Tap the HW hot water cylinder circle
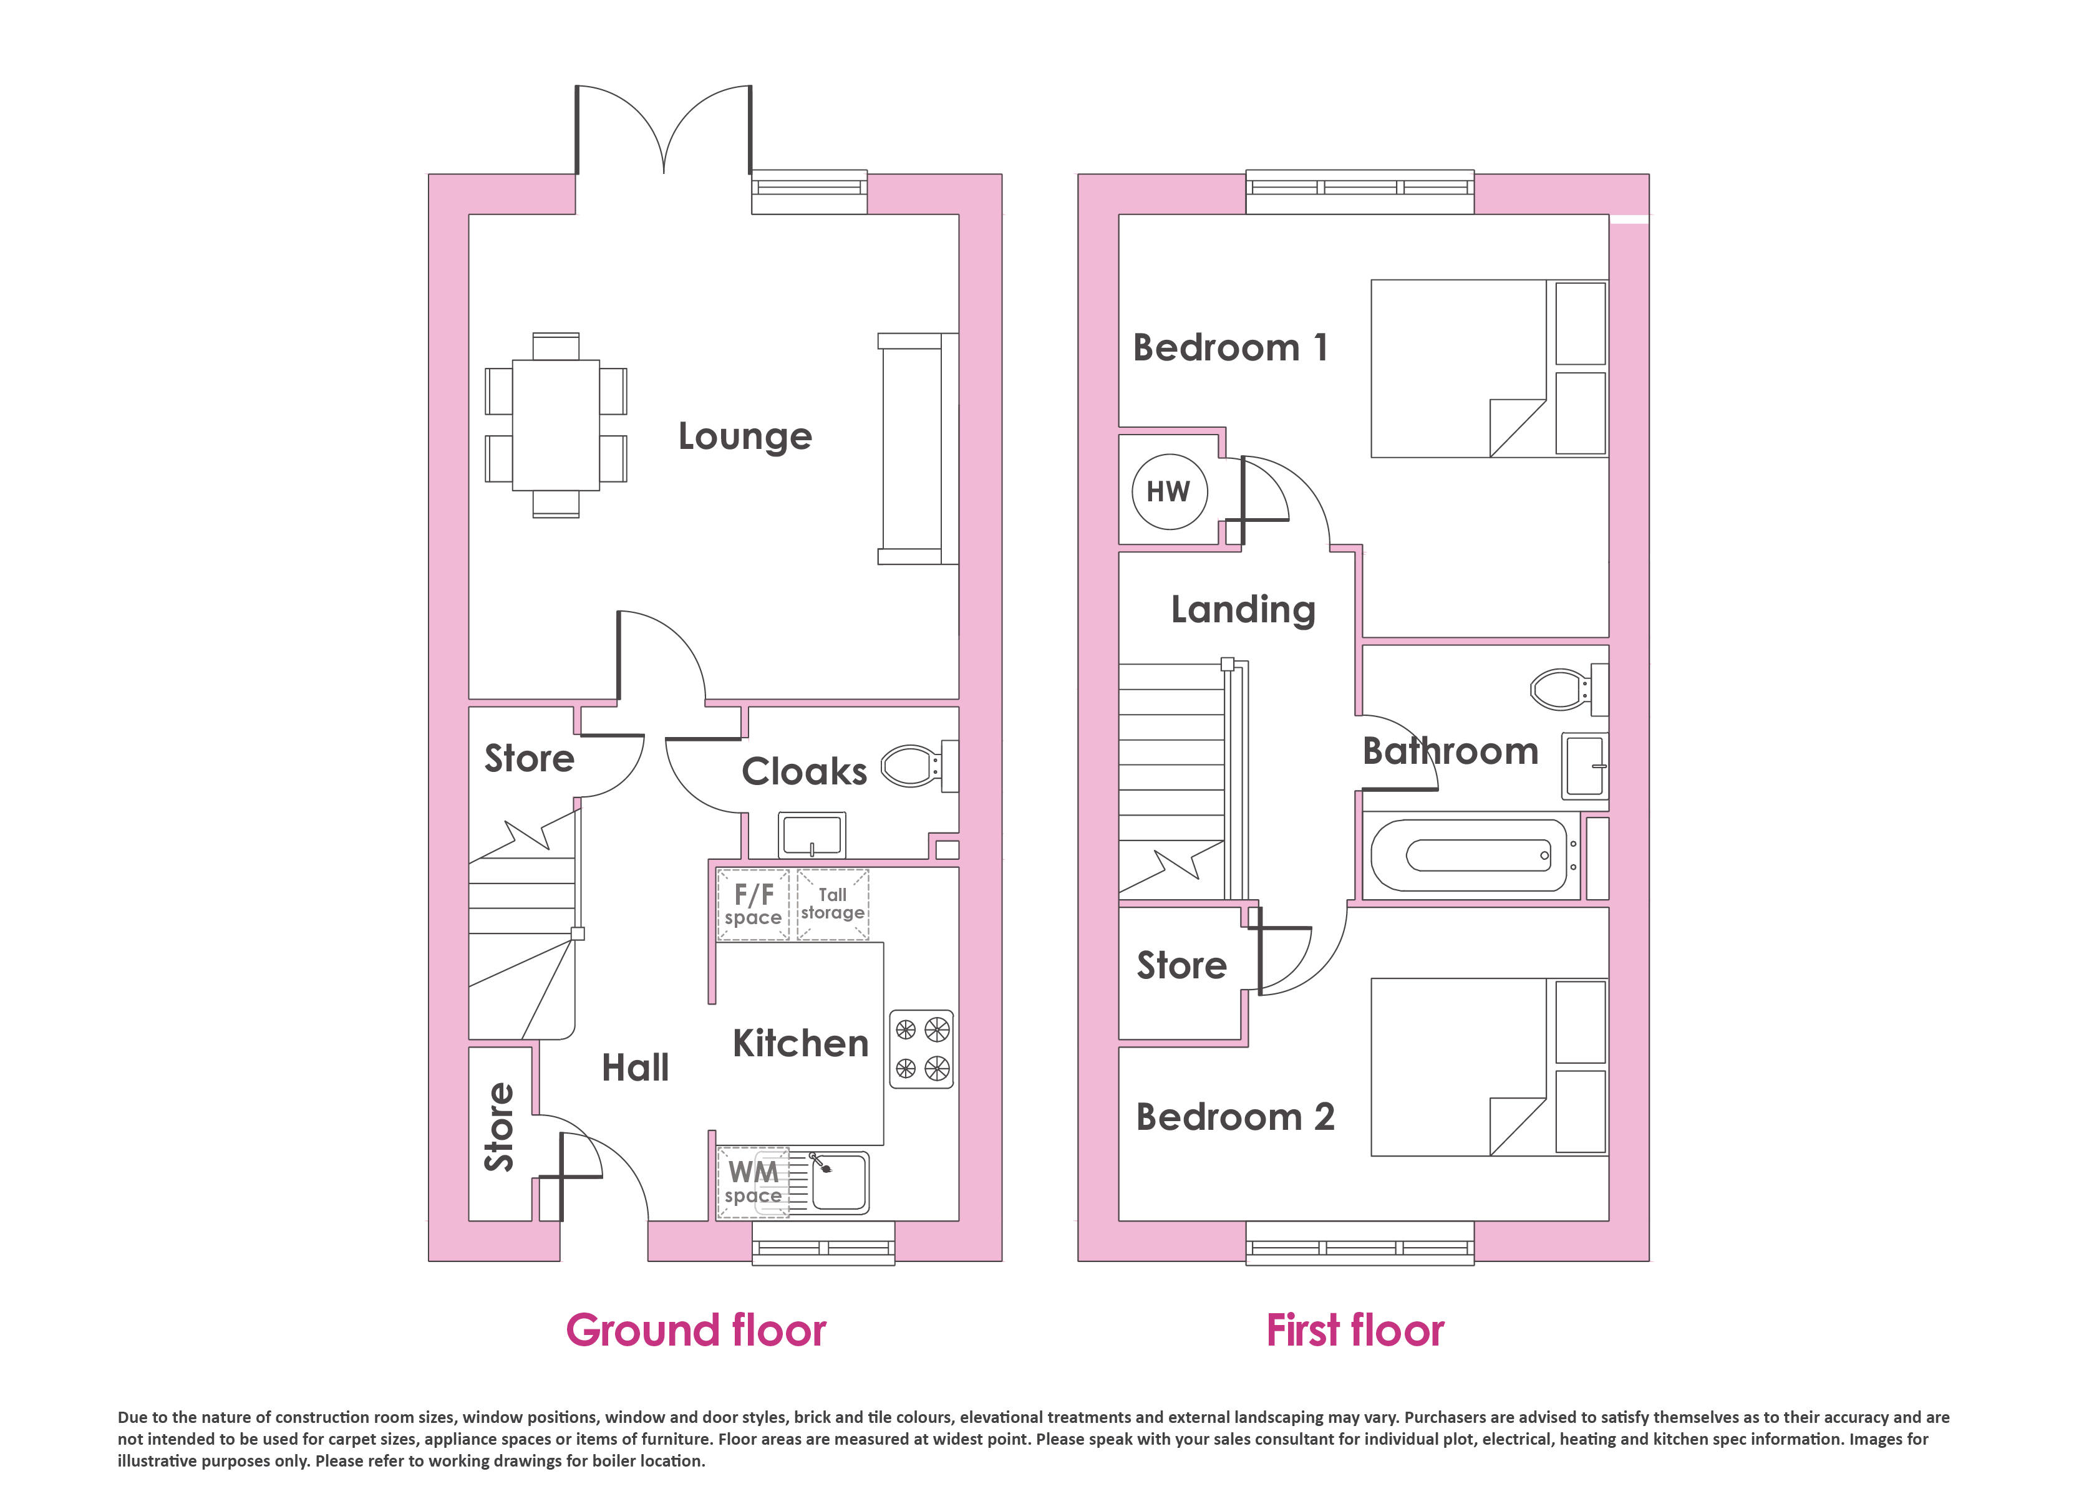click(1169, 492)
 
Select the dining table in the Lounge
click(556, 425)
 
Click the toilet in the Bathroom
click(1568, 689)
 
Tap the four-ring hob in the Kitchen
click(921, 1049)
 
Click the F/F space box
click(753, 905)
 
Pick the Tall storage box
click(832, 905)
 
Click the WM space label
click(754, 1182)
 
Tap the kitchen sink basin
click(838, 1182)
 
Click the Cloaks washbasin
click(812, 834)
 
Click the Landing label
click(1243, 610)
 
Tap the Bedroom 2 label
click(1235, 1117)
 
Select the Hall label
click(635, 1067)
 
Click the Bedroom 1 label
click(1230, 349)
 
